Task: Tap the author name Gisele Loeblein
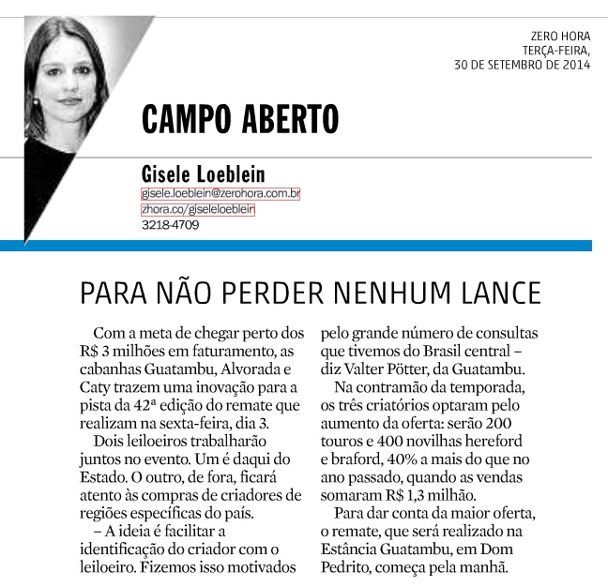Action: click(203, 173)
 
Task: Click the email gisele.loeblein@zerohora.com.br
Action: click(220, 194)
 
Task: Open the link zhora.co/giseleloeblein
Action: click(197, 210)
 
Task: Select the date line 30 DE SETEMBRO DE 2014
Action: click(523, 66)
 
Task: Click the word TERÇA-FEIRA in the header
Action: click(557, 51)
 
